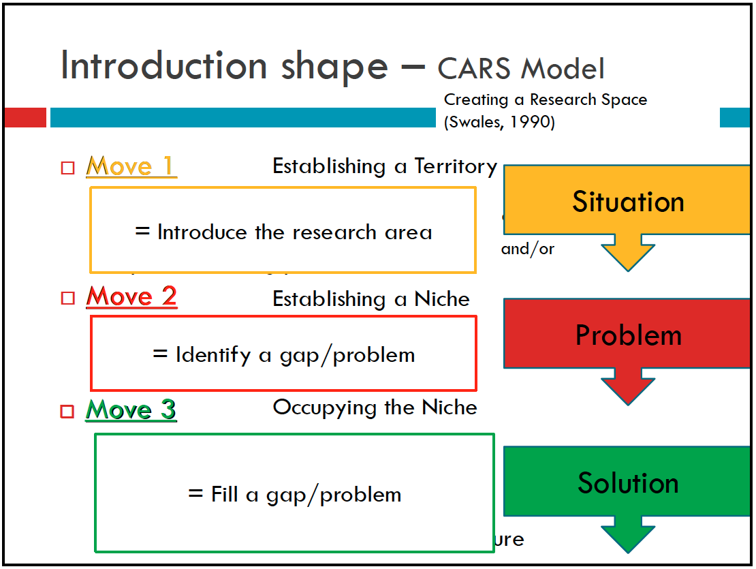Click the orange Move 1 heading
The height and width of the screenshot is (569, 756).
point(131,166)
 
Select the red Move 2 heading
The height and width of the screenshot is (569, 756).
point(131,296)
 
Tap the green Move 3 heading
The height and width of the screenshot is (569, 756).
point(131,410)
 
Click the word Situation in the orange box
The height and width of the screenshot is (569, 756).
point(628,202)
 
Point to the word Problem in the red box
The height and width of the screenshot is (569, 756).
point(628,335)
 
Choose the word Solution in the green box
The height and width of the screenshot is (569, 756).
point(628,482)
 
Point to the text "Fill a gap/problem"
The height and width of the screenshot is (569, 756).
point(294,494)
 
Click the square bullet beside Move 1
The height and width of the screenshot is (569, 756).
point(67,168)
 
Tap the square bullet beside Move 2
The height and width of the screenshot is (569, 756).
point(67,298)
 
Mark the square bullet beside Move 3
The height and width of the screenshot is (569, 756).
point(67,411)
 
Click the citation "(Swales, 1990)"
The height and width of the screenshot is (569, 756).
point(499,123)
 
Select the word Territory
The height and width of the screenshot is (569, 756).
point(456,166)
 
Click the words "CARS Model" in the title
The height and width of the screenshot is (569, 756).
point(521,69)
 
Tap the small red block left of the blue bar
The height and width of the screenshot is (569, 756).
point(25,117)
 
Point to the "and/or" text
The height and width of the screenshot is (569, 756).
point(528,249)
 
